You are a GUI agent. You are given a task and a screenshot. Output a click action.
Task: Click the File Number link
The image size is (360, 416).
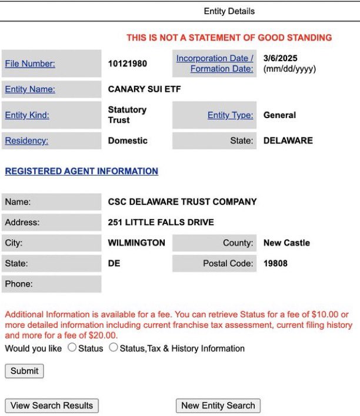30,63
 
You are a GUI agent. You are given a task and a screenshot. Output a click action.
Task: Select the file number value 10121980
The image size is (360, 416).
128,63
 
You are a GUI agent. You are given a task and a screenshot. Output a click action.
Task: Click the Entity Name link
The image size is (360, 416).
30,89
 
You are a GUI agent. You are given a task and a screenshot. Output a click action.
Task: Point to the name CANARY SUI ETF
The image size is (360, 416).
144,89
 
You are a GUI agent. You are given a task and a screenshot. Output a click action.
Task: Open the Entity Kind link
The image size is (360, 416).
27,115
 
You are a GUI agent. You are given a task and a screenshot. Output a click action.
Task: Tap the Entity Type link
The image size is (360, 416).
230,115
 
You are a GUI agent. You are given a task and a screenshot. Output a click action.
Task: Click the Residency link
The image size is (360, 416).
26,140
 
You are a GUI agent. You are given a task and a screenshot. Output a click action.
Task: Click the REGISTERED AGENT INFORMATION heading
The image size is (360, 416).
81,171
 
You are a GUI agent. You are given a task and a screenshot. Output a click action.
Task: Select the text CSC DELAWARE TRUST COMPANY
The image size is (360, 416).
182,202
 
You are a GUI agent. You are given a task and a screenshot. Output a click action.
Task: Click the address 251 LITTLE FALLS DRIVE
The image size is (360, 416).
161,222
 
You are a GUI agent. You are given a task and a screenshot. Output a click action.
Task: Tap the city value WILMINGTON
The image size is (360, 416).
136,243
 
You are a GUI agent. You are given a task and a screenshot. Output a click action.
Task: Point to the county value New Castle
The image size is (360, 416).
286,243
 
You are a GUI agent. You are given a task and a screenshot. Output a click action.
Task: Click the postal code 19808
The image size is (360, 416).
275,263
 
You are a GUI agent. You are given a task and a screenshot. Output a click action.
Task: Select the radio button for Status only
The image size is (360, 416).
72,348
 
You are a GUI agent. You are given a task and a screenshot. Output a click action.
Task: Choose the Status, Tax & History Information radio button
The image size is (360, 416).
114,348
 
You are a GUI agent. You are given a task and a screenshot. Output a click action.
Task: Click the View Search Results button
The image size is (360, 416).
52,405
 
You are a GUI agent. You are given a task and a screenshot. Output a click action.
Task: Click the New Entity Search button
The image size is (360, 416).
218,405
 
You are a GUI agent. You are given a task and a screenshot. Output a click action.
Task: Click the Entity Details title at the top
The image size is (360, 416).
229,11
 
